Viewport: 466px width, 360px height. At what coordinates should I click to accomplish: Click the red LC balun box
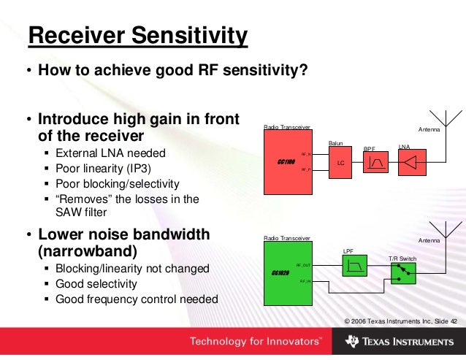[x=340, y=164]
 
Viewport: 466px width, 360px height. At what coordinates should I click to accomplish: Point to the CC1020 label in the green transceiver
[x=280, y=272]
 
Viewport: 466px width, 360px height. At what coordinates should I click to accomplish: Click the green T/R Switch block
[x=402, y=274]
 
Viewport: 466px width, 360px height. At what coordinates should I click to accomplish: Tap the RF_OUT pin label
[x=304, y=265]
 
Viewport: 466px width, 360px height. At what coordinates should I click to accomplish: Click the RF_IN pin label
[x=305, y=280]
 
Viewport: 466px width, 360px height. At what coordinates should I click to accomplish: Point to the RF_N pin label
[x=307, y=154]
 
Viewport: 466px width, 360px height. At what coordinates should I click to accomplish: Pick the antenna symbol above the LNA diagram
[x=443, y=121]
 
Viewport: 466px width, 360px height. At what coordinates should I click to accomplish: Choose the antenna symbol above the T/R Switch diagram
[x=443, y=230]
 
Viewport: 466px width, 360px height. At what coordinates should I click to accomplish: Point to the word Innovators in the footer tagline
[x=292, y=341]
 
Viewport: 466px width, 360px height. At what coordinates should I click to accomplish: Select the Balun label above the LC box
[x=336, y=144]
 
